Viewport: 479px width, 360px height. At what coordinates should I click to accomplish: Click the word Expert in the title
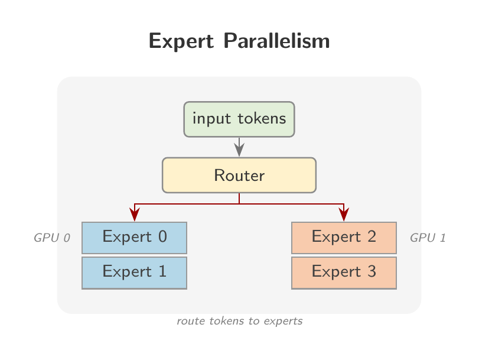pos(181,41)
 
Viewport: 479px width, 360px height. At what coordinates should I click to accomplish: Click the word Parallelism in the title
pos(277,41)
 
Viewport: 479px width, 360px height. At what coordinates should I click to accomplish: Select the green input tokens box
pos(239,119)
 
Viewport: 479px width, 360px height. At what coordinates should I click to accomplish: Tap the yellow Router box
pos(239,175)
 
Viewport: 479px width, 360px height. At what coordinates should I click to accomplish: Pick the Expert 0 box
pos(135,238)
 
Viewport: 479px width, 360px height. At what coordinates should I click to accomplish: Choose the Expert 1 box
pos(135,273)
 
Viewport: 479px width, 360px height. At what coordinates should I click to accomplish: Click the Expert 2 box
pos(344,238)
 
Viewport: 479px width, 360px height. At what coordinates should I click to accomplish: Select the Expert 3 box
pos(344,273)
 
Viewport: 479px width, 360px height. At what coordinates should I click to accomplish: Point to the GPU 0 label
pos(52,238)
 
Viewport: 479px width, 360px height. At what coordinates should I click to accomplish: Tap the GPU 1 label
pos(428,238)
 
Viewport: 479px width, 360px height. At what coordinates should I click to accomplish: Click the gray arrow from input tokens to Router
pos(239,147)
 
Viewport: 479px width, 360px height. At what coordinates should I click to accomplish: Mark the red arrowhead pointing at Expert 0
pos(135,214)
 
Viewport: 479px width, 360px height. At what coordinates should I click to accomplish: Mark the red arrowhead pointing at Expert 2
pos(344,214)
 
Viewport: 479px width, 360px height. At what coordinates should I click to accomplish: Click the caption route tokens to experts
pos(240,321)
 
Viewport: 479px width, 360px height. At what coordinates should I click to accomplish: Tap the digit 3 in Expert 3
pos(372,271)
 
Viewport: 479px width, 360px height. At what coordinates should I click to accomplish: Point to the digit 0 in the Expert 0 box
pos(162,236)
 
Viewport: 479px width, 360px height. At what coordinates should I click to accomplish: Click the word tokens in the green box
pos(262,118)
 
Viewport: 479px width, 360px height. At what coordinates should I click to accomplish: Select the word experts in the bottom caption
pos(283,322)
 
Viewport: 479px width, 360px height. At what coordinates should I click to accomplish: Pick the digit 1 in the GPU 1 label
pos(442,238)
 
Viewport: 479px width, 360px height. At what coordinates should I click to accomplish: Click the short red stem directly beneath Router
pos(239,198)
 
